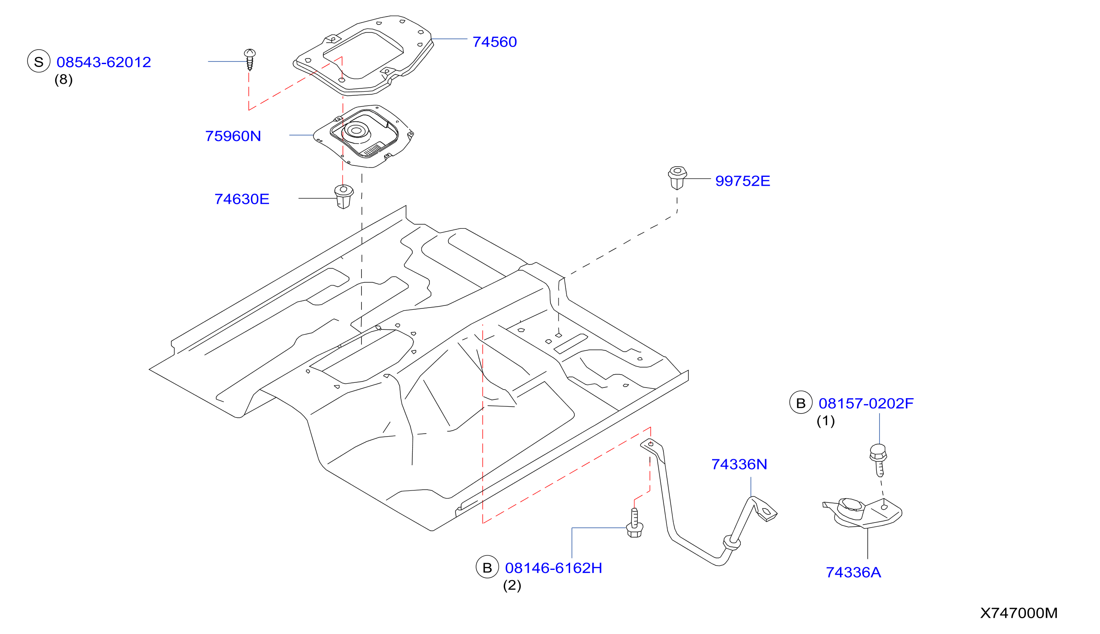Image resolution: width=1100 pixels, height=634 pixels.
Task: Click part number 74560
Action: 495,42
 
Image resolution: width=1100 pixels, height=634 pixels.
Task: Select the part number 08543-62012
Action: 104,62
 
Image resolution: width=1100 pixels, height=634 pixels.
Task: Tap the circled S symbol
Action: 39,61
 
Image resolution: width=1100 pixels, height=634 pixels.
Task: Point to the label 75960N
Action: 233,136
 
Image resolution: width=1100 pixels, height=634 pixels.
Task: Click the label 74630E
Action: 242,199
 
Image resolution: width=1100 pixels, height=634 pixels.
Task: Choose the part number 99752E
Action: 742,181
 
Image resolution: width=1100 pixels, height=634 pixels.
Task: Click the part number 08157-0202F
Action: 866,403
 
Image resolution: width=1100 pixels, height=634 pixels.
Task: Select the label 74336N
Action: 739,464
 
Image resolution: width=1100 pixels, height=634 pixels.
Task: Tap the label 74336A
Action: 853,572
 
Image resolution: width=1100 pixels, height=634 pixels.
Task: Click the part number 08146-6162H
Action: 553,568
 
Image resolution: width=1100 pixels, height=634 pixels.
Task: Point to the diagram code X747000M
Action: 1019,613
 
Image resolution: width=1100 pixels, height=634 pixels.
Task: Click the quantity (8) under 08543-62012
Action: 64,80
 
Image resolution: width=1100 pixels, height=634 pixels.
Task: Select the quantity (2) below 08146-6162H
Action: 512,586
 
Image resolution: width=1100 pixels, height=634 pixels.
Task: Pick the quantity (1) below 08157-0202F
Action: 826,421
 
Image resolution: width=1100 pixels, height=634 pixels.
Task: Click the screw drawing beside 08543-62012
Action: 249,59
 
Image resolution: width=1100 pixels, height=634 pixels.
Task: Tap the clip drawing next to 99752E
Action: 677,178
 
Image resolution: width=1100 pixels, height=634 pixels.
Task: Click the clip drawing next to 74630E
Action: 343,197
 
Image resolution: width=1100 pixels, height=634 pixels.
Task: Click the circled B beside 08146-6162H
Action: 487,567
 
